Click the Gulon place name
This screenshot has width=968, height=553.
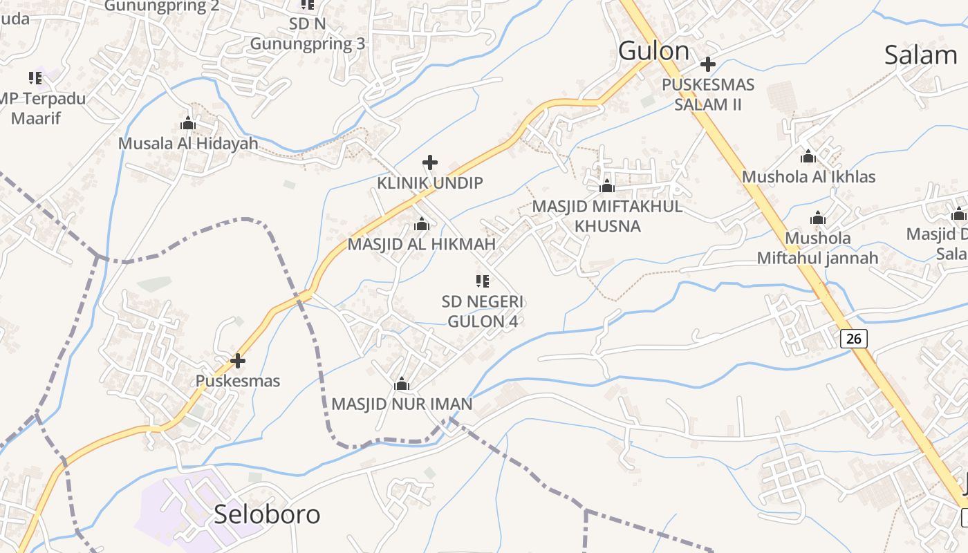[x=653, y=51]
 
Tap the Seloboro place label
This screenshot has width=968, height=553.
[x=267, y=514]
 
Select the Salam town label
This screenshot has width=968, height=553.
[x=920, y=55]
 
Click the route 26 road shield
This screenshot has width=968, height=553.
[x=855, y=338]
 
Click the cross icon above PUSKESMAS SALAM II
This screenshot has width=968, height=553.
[x=707, y=64]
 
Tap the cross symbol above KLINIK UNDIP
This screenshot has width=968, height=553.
[x=430, y=162]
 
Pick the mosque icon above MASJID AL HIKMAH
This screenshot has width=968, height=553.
[x=421, y=225]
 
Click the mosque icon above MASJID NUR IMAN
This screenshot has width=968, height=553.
[x=402, y=384]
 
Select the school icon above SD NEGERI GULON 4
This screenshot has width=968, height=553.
[x=483, y=281]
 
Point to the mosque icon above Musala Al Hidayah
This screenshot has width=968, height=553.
[x=187, y=124]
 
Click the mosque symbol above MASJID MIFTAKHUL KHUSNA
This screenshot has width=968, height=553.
[x=607, y=186]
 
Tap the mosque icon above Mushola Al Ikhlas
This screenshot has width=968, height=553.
[x=808, y=156]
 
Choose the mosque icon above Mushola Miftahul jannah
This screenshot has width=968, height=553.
[x=818, y=218]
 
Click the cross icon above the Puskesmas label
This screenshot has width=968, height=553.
[x=238, y=360]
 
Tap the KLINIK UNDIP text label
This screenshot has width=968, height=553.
[x=430, y=183]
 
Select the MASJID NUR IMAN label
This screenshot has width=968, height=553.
[x=402, y=404]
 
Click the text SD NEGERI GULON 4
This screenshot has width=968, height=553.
[x=483, y=312]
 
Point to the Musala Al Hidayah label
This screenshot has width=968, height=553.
[x=188, y=144]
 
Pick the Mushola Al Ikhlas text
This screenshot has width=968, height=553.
[x=808, y=177]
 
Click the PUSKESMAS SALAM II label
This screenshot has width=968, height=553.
[x=708, y=95]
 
